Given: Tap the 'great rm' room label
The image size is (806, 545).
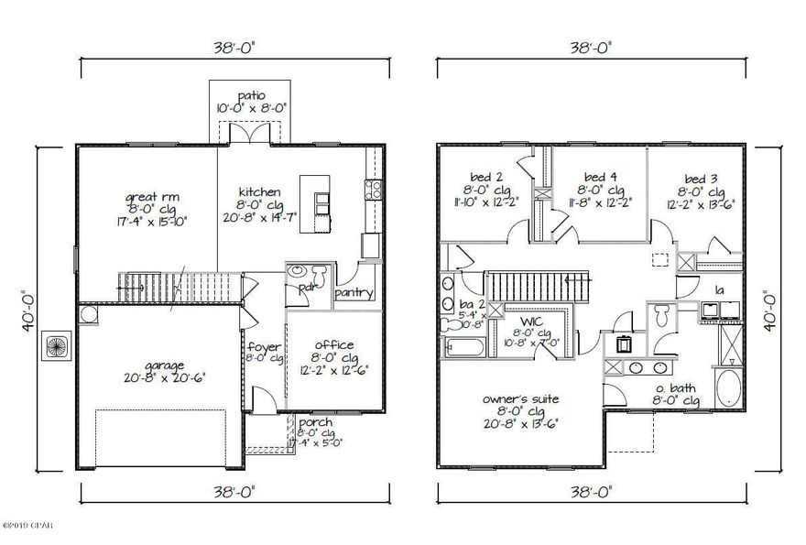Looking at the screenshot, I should pos(147,195).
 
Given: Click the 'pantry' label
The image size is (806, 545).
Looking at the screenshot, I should pos(353,293).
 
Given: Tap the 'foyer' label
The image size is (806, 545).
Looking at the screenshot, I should pos(264,346).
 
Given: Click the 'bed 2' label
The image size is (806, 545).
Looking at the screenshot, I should pos(493,176).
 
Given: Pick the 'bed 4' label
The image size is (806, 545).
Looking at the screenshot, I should pos(599,176).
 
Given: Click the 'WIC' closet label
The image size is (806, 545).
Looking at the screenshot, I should pos(532,322).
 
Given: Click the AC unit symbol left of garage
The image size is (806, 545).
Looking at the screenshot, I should pos(55,346).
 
